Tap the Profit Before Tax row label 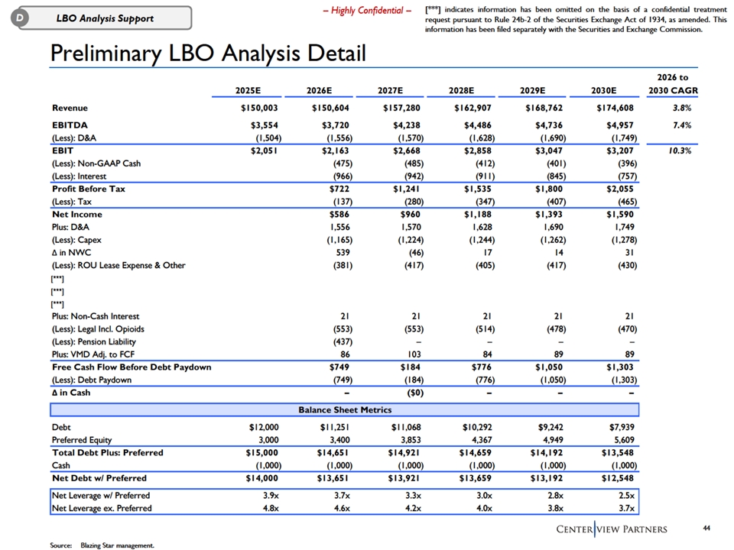88,189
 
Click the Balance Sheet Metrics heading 343,410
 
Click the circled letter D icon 12,18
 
